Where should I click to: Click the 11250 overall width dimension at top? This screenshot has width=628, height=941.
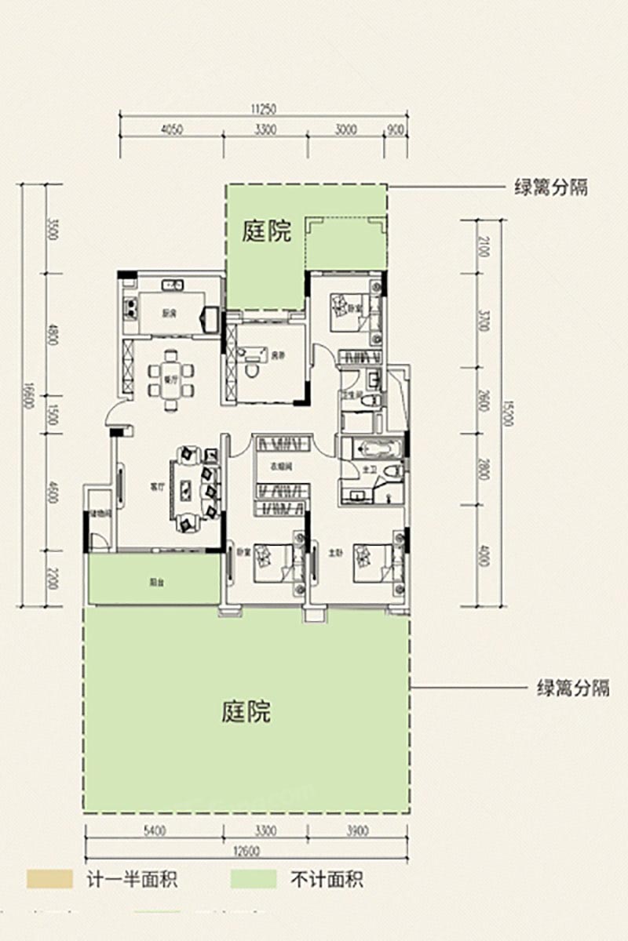pyautogui.click(x=265, y=109)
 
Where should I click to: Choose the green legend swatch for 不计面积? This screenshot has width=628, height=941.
pyautogui.click(x=254, y=879)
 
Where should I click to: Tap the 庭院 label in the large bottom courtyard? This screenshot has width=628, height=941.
pyautogui.click(x=246, y=713)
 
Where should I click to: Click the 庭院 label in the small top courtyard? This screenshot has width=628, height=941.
pyautogui.click(x=267, y=232)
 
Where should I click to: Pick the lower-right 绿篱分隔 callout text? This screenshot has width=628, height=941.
pyautogui.click(x=572, y=688)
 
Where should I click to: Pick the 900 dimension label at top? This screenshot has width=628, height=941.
pyautogui.click(x=396, y=130)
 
